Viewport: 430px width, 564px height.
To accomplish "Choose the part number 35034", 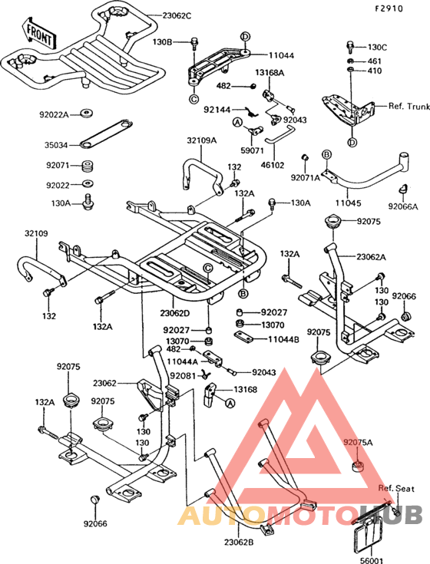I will [55, 143].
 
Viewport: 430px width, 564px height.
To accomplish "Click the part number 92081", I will [183, 375].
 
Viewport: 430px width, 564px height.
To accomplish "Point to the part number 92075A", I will [359, 443].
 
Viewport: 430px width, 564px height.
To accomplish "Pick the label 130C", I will [378, 48].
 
